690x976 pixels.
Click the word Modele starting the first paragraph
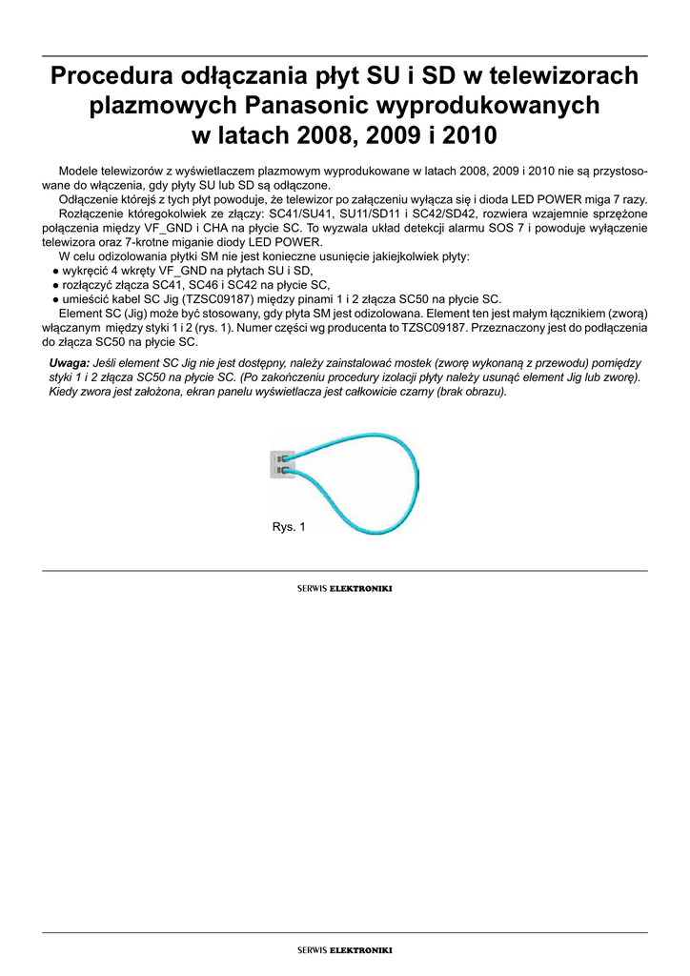80,170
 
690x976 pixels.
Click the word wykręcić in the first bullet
85,272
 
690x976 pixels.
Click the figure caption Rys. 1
289,527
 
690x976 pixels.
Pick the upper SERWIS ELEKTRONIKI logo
345,588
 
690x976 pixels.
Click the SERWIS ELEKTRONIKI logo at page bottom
345,949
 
